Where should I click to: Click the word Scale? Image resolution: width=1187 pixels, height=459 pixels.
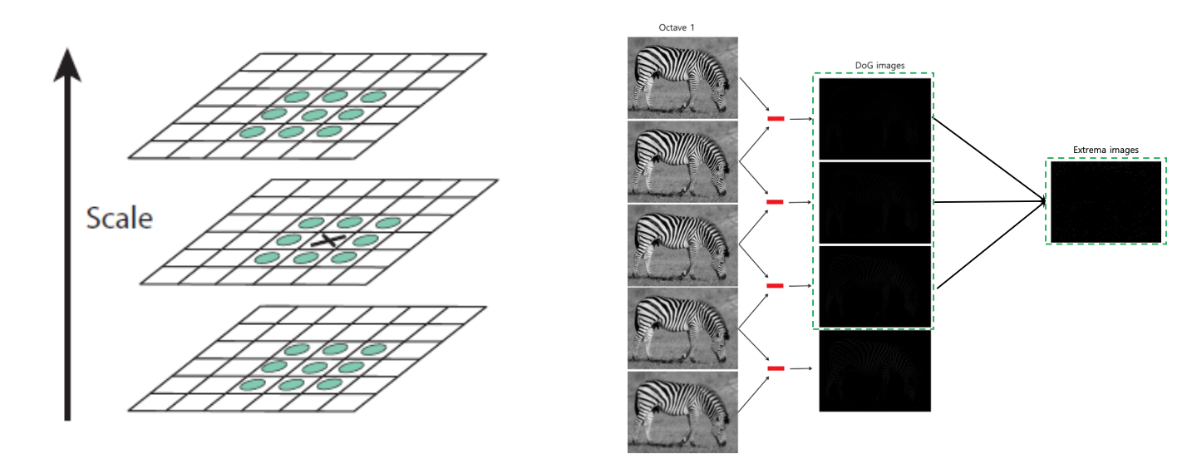(120, 219)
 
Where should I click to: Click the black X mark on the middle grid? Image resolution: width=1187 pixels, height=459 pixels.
(328, 241)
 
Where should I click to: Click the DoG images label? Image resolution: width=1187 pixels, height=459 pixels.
(879, 66)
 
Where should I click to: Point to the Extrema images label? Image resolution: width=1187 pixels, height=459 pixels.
(1106, 150)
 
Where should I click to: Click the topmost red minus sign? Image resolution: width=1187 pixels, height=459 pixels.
(776, 119)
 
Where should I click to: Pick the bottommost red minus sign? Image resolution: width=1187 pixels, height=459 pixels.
(776, 368)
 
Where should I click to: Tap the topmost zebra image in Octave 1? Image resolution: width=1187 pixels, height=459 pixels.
(682, 77)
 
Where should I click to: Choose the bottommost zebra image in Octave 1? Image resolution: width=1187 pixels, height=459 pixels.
(682, 412)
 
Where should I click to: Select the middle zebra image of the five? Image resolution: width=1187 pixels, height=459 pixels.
(682, 244)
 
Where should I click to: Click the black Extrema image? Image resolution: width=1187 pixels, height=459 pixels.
(1106, 202)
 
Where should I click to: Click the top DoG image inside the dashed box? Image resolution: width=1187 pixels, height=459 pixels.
(874, 119)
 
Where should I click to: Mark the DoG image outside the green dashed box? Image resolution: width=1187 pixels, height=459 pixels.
(874, 371)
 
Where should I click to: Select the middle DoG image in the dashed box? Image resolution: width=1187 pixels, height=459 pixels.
(874, 202)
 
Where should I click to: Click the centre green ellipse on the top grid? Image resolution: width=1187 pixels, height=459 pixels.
(314, 115)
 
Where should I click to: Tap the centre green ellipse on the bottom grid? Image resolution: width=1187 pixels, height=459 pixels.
(314, 367)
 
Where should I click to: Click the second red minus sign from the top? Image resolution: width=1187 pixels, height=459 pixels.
(776, 202)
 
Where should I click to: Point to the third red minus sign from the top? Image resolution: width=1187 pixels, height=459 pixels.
(776, 285)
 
